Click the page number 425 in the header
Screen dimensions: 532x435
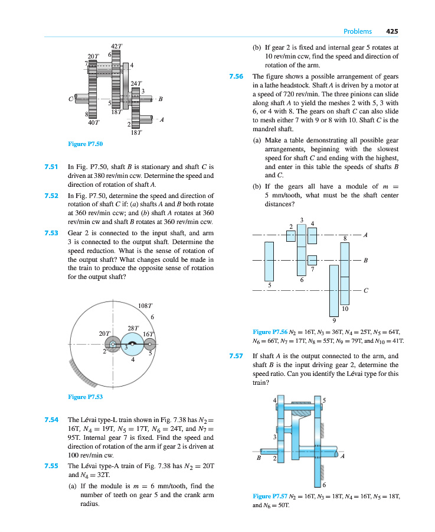[x=393, y=31]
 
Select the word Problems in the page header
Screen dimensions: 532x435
[x=358, y=31]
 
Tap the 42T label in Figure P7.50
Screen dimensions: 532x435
[x=116, y=46]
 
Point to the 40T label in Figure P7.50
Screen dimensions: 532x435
[x=93, y=123]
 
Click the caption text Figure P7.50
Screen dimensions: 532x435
[x=86, y=144]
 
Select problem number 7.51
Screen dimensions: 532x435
[x=51, y=167]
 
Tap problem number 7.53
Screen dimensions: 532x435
[x=51, y=233]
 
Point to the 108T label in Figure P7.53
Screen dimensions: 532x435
[x=145, y=306]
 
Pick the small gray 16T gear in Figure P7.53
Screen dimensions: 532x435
[x=150, y=344]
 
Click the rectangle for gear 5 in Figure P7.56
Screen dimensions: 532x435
[x=270, y=261]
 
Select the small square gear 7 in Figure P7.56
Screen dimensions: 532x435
[x=313, y=260]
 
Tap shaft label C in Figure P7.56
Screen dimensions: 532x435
[x=366, y=290]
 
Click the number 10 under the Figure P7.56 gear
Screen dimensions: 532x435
[x=345, y=309]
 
